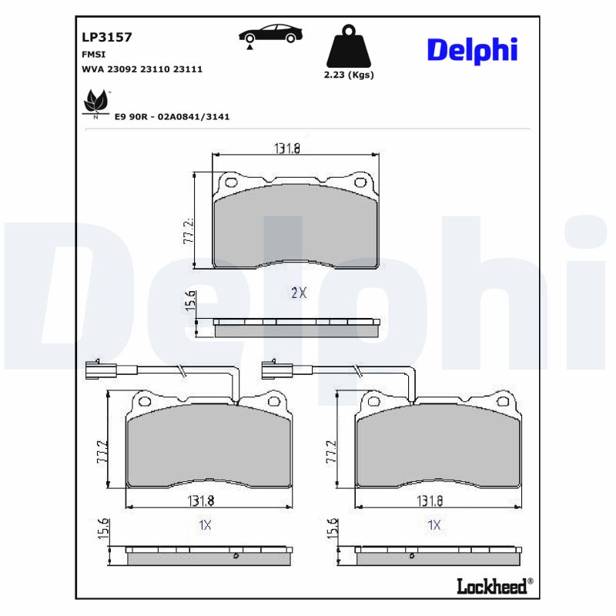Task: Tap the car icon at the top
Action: [x=270, y=35]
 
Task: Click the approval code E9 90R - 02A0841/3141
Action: [x=172, y=116]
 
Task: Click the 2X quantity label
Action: [x=299, y=293]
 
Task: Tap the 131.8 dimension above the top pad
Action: [x=287, y=149]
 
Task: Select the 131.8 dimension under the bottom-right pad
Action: [x=430, y=500]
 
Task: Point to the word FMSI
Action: [x=93, y=55]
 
